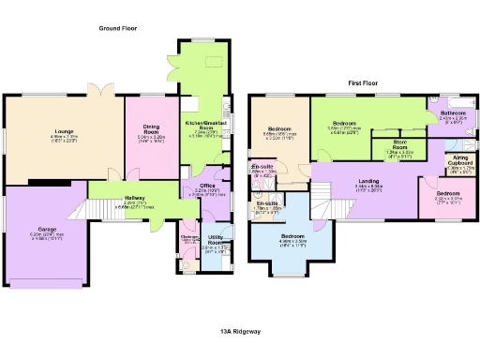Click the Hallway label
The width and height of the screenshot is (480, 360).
coord(116,198)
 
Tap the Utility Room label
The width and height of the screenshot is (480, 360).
coord(216,239)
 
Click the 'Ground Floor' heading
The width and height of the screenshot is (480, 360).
coord(118,29)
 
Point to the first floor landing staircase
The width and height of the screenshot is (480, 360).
coord(323,200)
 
